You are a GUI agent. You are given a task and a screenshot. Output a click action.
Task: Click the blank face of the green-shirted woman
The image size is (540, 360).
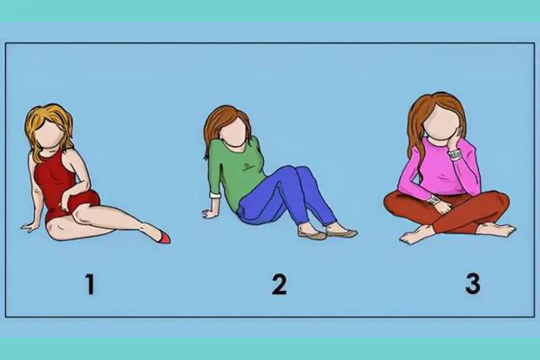click(x=234, y=133)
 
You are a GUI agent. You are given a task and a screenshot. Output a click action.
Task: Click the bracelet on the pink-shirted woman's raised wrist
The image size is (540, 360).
click(x=454, y=156)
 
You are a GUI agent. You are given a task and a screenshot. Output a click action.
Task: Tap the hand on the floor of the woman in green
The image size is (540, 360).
click(x=209, y=213)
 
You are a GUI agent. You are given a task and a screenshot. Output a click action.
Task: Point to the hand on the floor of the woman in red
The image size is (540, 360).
click(x=29, y=227)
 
